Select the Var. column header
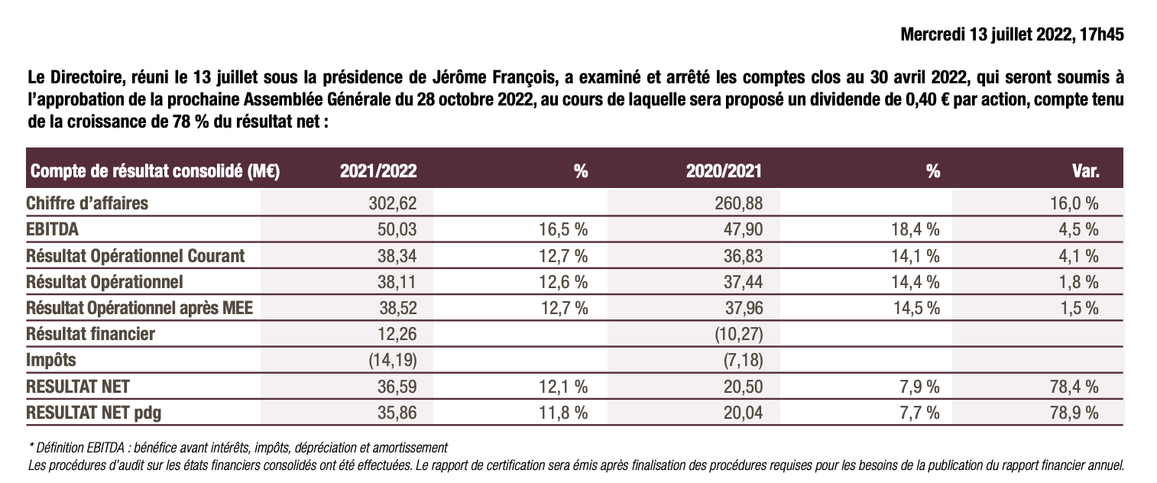pyautogui.click(x=1085, y=172)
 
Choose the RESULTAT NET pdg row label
pyautogui.click(x=94, y=412)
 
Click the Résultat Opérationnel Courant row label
pyautogui.click(x=135, y=255)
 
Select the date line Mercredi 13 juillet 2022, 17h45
pyautogui.click(x=1012, y=35)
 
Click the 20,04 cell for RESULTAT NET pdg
pyautogui.click(x=741, y=412)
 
